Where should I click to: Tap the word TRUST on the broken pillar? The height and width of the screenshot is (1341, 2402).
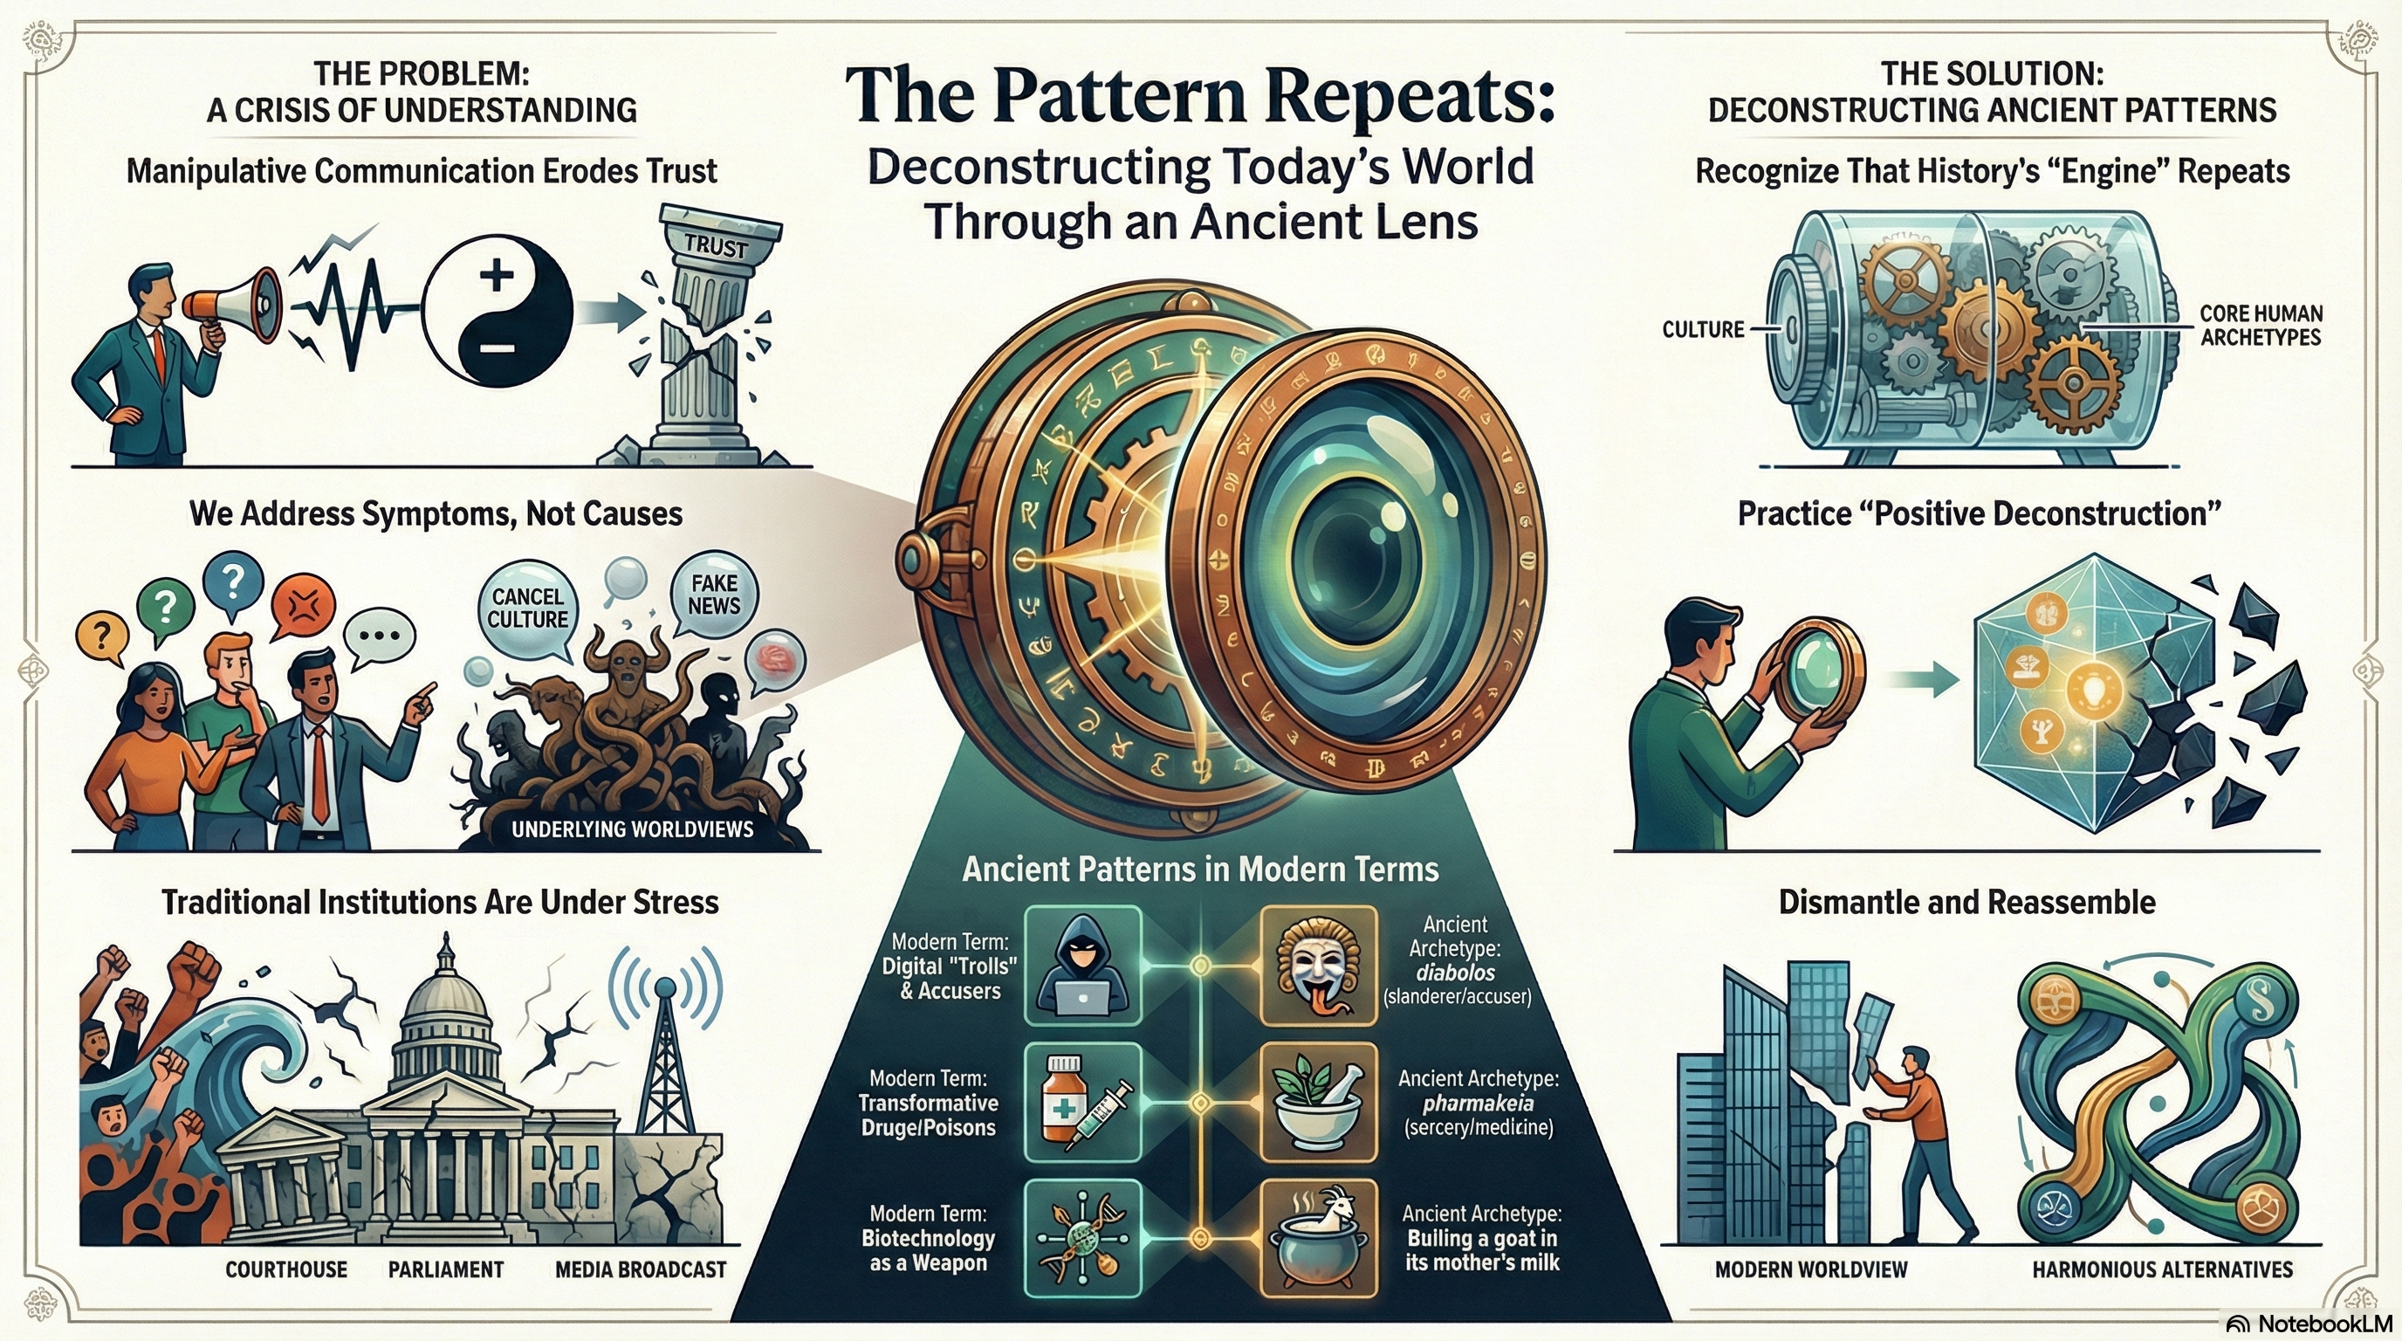(x=715, y=245)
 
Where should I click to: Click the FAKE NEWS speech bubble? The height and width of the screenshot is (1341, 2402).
(x=714, y=594)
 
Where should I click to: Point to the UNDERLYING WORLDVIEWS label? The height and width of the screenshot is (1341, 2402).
(x=632, y=829)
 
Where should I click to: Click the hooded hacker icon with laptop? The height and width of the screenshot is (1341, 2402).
(x=1082, y=966)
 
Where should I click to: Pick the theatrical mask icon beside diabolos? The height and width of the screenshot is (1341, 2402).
(x=1319, y=966)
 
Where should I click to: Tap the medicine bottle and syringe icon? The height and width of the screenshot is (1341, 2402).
(x=1082, y=1103)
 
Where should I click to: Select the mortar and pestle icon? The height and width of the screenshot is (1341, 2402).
(x=1319, y=1103)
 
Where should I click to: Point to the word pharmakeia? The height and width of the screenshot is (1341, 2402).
(x=1478, y=1104)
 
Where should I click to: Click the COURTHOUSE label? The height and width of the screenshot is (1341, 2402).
(x=286, y=1269)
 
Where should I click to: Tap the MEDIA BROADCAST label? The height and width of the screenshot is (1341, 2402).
(x=641, y=1269)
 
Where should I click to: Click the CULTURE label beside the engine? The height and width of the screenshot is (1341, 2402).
(x=1703, y=329)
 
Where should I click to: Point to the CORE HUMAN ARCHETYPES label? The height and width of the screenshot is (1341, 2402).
(x=2261, y=325)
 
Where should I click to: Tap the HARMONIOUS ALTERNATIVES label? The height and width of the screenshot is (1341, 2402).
(x=2162, y=1269)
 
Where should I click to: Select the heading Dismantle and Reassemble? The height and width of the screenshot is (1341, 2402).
(x=1966, y=902)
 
